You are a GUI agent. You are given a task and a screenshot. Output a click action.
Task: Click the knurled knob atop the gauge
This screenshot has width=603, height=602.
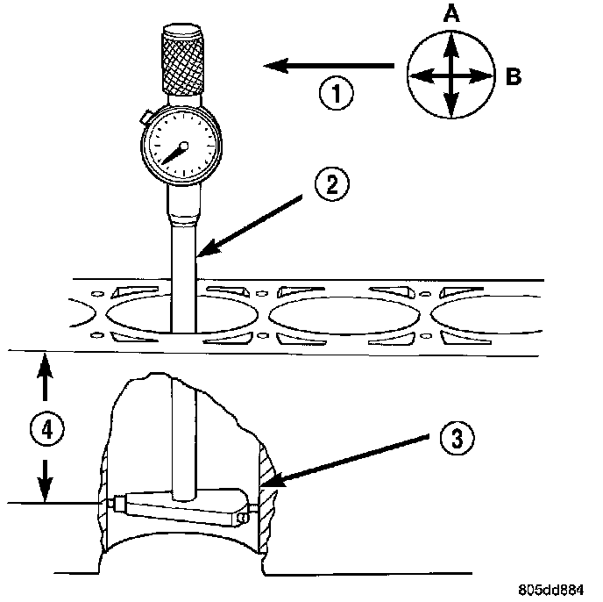(183, 61)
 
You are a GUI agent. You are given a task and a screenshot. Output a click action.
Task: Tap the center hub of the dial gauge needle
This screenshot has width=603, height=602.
(183, 145)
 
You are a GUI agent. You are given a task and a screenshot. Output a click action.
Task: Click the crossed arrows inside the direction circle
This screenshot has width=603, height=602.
(450, 75)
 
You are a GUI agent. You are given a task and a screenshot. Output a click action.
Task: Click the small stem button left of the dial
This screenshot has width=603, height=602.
(144, 114)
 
